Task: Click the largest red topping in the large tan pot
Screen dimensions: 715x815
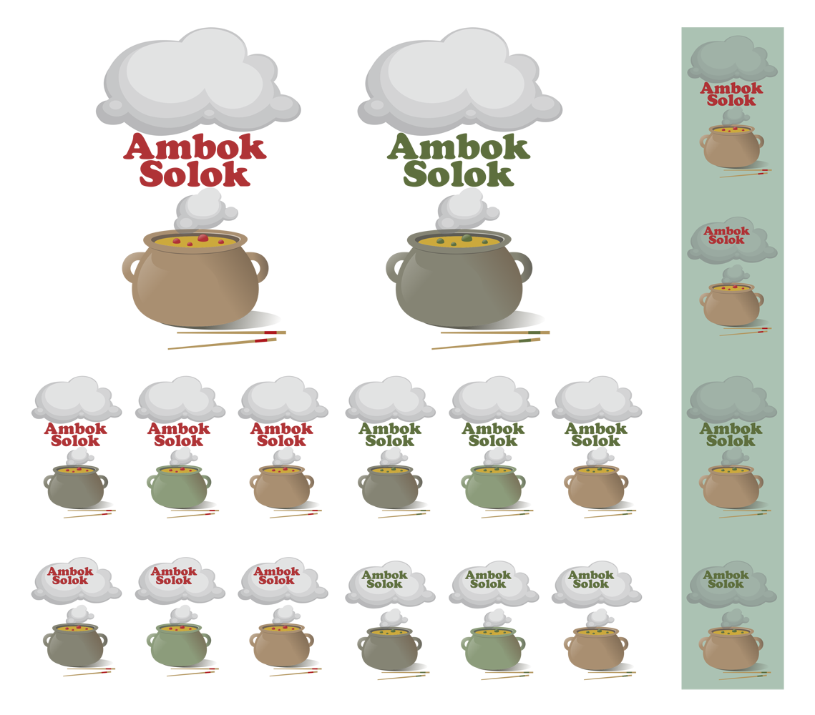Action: coord(202,238)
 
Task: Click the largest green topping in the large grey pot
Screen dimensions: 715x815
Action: coord(467,237)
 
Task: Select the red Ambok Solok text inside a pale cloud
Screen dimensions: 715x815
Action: coord(726,235)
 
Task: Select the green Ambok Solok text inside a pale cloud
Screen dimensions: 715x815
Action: coord(726,579)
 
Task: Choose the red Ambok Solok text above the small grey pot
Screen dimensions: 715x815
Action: coord(70,576)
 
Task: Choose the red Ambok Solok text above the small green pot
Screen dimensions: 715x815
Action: coord(174,576)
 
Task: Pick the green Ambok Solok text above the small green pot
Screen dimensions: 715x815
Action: coord(488,579)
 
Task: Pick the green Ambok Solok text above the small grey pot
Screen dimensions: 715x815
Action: coord(384,579)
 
